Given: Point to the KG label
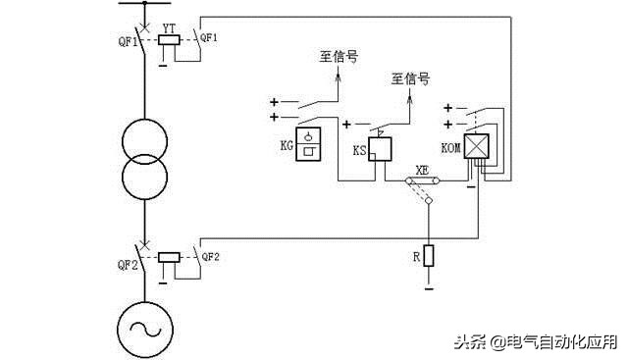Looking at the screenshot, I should click(286, 145).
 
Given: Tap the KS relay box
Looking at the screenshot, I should click(381, 149).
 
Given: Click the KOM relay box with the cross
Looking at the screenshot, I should click(477, 147).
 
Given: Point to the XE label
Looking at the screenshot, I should click(422, 169).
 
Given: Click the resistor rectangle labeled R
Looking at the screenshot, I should click(429, 255).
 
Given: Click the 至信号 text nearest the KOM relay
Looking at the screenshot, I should click(410, 77).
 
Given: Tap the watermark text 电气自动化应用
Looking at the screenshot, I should click(560, 341).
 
